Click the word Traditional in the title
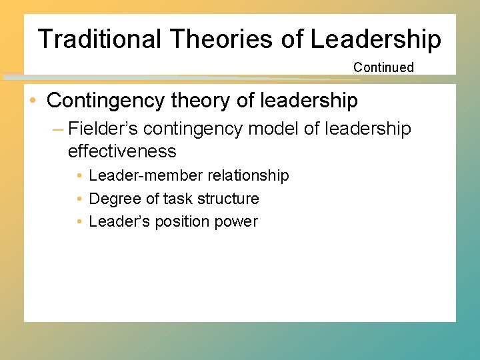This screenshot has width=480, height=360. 99,39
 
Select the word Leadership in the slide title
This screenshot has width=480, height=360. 375,39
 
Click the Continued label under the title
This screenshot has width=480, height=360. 383,67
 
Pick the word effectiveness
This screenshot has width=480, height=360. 122,151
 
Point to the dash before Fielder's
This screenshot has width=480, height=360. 58,129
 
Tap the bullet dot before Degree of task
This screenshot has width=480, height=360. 79,199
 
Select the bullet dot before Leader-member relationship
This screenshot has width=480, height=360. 79,176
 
